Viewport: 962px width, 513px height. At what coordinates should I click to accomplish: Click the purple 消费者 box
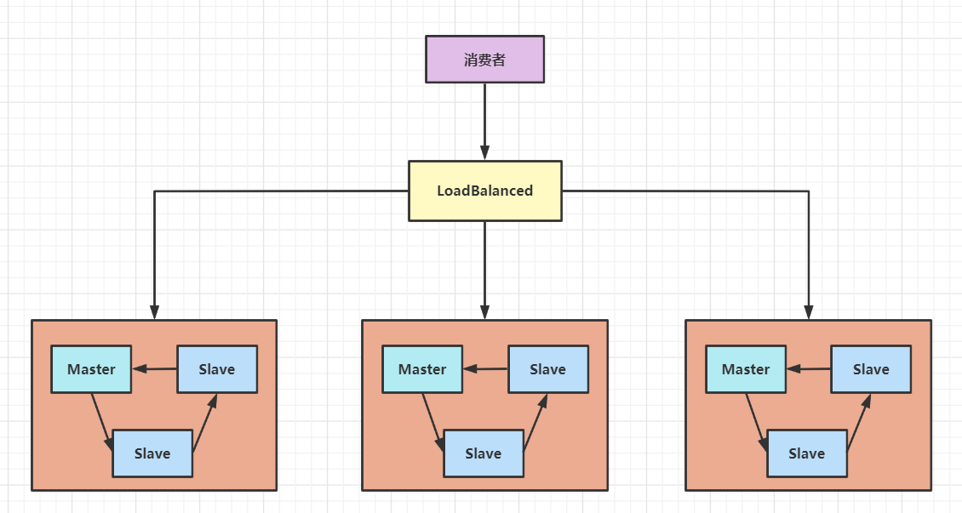[x=484, y=60]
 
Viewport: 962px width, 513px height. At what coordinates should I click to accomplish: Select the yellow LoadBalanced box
[x=484, y=191]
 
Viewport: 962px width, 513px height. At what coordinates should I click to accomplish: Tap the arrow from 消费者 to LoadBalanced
[x=484, y=119]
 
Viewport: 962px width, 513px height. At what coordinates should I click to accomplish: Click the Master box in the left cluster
[x=91, y=369]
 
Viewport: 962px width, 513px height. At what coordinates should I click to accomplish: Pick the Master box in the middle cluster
[x=422, y=369]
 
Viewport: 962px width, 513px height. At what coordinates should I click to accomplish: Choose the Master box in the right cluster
[x=746, y=369]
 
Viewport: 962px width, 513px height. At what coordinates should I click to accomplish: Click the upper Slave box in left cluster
[x=217, y=369]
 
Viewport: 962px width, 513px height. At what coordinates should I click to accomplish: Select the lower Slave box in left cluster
[x=152, y=453]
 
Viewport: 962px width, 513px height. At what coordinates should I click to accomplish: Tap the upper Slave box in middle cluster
[x=547, y=369]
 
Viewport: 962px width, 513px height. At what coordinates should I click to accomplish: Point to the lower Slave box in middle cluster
[x=483, y=453]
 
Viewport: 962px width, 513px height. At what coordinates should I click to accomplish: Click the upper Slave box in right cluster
[x=871, y=369]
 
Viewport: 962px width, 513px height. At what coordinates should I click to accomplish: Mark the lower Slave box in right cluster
[x=806, y=453]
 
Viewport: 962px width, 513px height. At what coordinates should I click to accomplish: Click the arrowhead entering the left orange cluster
[x=154, y=311]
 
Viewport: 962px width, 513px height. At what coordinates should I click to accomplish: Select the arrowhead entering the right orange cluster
[x=809, y=311]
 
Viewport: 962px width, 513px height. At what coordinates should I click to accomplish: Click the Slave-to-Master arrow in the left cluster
[x=155, y=369]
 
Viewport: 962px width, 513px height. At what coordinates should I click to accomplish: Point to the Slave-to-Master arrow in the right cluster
[x=809, y=369]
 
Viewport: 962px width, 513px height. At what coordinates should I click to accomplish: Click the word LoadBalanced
[x=484, y=191]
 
